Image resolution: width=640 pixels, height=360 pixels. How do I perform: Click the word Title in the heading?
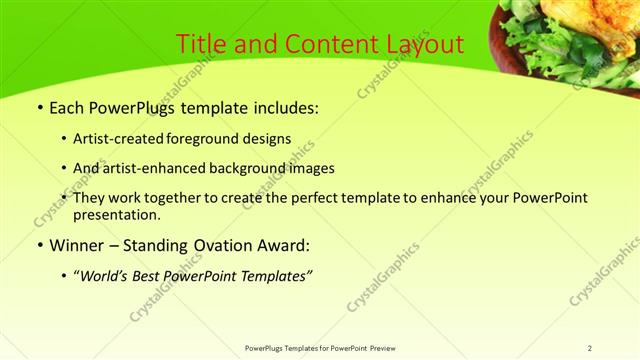tap(200, 45)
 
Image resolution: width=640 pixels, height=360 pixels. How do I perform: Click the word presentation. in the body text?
tap(117, 214)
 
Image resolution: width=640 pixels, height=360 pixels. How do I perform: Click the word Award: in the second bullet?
tap(282, 245)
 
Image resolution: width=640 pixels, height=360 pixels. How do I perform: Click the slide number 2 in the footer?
tap(590, 348)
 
